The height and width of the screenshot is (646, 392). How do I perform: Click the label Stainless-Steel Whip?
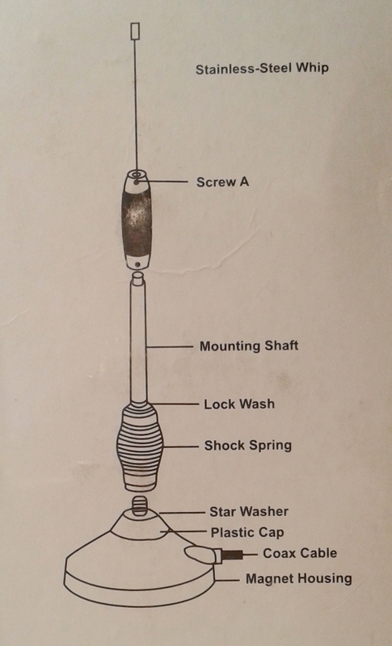pos(262,69)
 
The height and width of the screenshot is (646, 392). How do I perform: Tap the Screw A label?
pos(222,182)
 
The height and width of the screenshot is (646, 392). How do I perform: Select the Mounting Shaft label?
pos(249,346)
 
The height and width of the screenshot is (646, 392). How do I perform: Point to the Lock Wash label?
pos(239,404)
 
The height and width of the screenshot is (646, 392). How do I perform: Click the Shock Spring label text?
pos(248,446)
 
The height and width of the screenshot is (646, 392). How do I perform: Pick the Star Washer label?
pos(249,511)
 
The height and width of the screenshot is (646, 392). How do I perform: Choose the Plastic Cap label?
pos(247,532)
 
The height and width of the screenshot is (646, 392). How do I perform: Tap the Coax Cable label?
pos(300,553)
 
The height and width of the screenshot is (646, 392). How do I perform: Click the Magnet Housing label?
pos(299,578)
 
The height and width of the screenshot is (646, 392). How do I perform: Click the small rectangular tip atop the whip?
pos(135,31)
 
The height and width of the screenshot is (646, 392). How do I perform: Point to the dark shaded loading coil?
pos(137,220)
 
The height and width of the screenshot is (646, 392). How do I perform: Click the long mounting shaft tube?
pos(138,338)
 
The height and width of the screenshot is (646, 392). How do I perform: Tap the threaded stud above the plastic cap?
pos(140,506)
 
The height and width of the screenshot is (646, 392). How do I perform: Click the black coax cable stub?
pos(233,555)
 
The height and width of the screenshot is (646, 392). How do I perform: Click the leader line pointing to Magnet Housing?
pos(226,580)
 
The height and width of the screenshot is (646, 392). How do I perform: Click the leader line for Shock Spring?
pos(180,447)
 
